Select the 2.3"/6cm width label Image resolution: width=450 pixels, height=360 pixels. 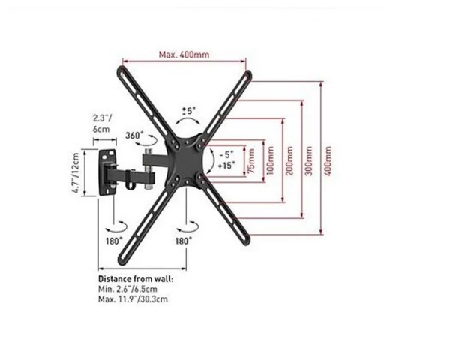tap(101, 123)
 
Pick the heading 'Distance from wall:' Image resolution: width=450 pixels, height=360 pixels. tap(136, 277)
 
